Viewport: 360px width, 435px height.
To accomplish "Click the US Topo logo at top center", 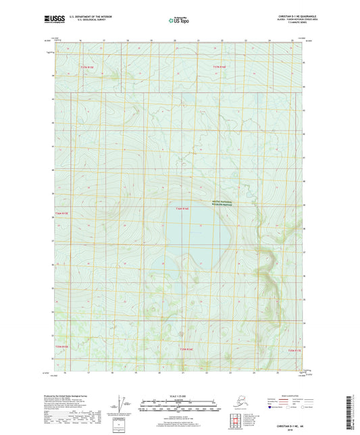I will (180, 21).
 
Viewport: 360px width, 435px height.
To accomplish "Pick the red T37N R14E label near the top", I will (221, 67).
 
